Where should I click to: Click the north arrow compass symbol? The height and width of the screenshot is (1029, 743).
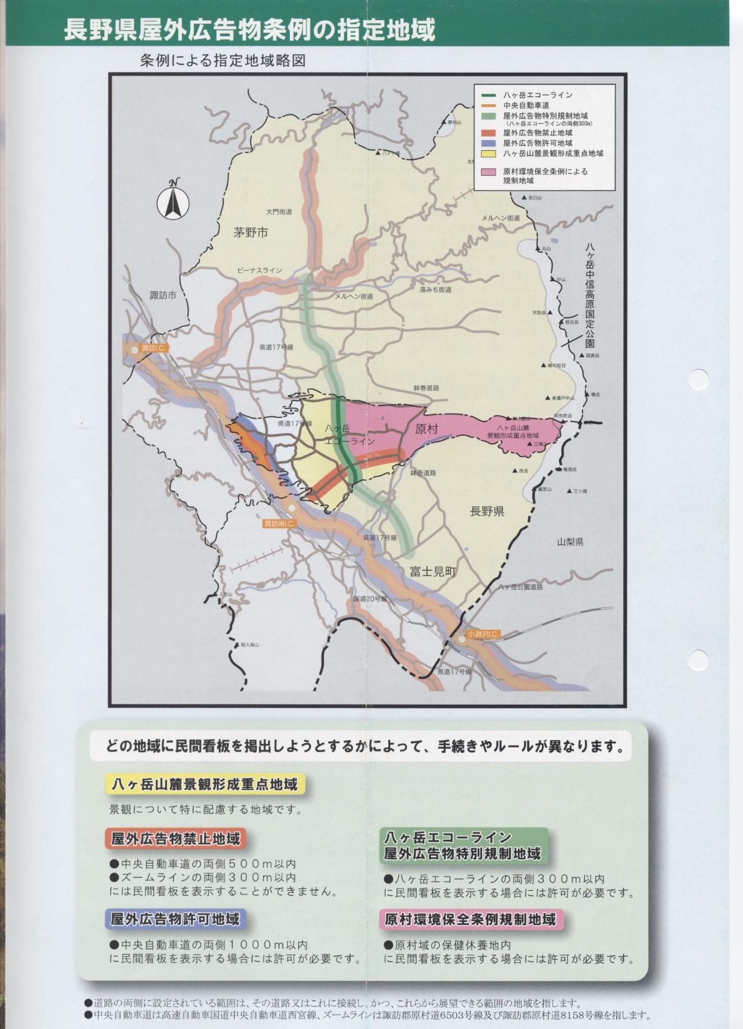point(173,199)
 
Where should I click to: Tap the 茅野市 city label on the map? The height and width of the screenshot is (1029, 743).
point(250,233)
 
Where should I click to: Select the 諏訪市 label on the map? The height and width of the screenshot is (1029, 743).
point(163,295)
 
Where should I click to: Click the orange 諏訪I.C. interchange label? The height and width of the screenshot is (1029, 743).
point(152,348)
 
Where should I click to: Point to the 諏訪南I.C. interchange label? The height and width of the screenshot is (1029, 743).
point(279,523)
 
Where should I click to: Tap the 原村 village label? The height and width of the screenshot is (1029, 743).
point(426,429)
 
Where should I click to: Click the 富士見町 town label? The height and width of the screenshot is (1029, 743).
point(433,572)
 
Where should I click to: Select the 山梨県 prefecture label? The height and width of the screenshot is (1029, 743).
point(570,542)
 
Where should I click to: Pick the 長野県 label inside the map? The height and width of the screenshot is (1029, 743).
point(487,511)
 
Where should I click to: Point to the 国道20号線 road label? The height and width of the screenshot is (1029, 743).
point(370,598)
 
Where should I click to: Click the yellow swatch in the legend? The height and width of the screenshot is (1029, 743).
point(488,153)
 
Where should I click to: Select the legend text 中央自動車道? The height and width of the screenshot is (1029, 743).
point(526,105)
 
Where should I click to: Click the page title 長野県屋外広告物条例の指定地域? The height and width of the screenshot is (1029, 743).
point(249,30)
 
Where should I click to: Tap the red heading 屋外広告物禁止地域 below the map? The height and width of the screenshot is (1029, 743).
point(176,839)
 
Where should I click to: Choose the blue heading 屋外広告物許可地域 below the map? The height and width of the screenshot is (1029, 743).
point(176,919)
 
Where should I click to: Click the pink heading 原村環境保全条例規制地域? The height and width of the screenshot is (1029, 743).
point(470,919)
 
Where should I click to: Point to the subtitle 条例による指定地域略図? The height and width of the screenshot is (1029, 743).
point(223,61)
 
